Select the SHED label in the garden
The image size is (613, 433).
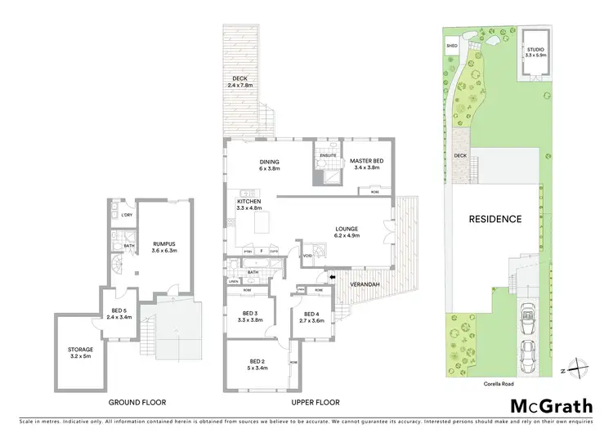pyautogui.click(x=451, y=47)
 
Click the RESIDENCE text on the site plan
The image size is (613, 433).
pyautogui.click(x=494, y=219)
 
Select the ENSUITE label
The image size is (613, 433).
pyautogui.click(x=329, y=154)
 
